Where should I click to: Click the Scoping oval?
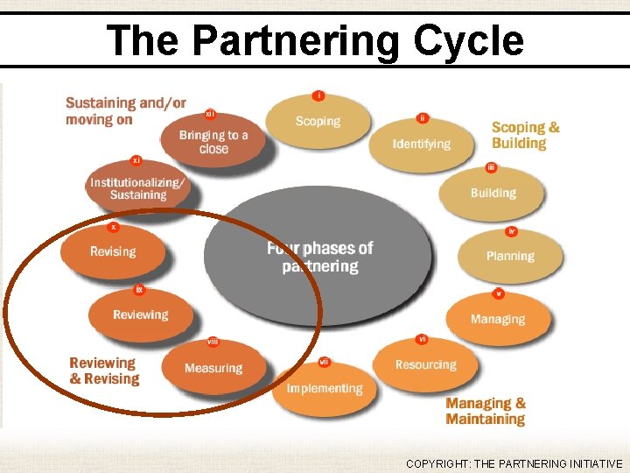(318, 122)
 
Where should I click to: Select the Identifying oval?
(421, 144)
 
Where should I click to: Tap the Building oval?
(493, 193)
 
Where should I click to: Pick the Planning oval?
(510, 256)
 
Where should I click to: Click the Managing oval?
(498, 319)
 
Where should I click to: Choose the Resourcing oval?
(425, 364)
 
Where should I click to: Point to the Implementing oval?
(324, 388)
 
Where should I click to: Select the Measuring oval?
(213, 368)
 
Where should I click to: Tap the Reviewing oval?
(140, 314)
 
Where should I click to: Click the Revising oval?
(113, 251)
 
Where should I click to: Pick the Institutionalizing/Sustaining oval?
(137, 188)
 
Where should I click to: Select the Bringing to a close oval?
(213, 142)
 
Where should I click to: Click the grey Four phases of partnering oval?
(318, 257)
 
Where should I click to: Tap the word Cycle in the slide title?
(469, 40)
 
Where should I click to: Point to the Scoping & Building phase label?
(525, 135)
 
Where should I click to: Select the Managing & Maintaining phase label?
(486, 411)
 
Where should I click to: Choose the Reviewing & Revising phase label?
(105, 371)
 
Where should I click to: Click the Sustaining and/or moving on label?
(125, 111)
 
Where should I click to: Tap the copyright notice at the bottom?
(514, 464)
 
